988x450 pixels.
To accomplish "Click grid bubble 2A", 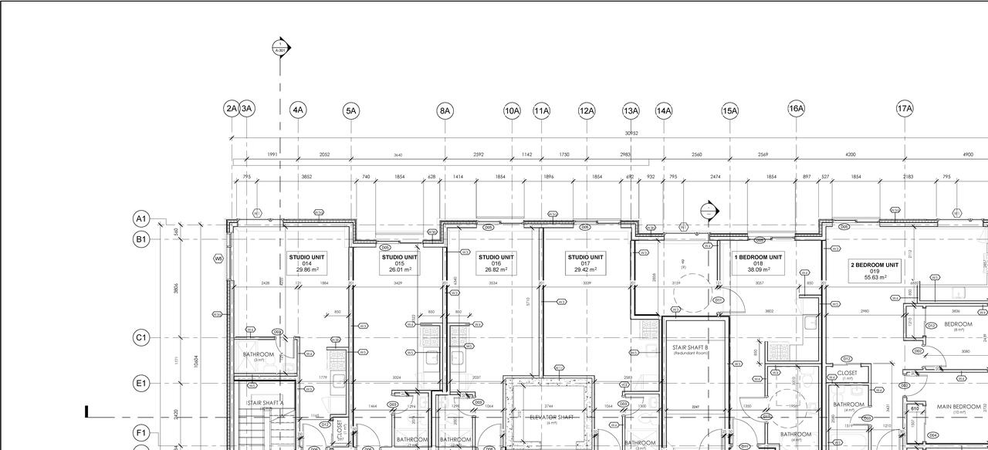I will pos(232,109).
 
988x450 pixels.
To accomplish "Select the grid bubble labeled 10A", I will pos(512,111).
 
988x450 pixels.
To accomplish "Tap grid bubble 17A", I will pos(905,109).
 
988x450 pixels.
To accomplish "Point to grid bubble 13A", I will pos(631,111).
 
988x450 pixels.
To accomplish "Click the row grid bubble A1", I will pos(141,219).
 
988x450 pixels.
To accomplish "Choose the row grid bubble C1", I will pos(141,338).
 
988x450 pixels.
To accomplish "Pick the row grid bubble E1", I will pos(141,383).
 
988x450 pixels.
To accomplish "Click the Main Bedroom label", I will pos(959,407).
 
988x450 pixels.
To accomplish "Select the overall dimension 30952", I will pos(631,134).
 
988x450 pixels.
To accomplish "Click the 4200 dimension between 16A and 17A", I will pos(850,155).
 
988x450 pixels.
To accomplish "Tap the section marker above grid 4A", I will pos(282,49).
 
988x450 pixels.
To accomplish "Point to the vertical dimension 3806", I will pos(176,288).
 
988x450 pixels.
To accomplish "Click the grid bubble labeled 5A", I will pos(351,111).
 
